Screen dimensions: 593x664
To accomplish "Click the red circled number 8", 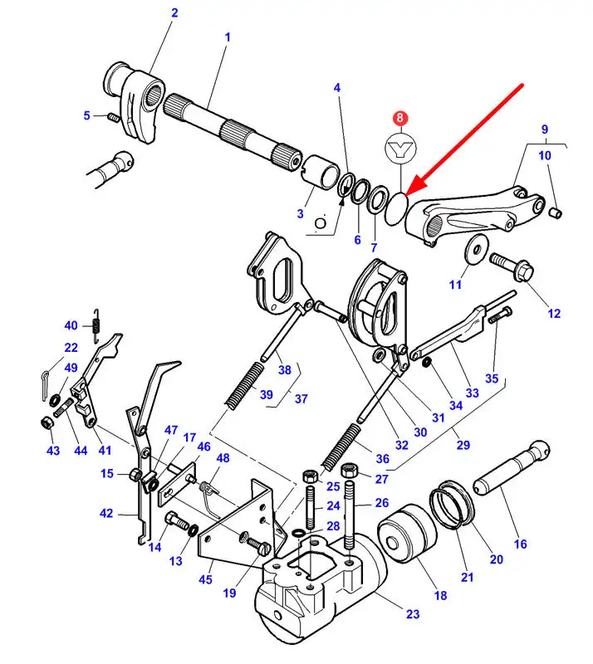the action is pyautogui.click(x=400, y=118).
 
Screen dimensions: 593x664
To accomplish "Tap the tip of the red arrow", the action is pyautogui.click(x=406, y=195).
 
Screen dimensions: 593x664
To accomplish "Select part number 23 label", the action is pyautogui.click(x=413, y=613).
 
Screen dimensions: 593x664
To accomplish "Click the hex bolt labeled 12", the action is pyautogui.click(x=512, y=266).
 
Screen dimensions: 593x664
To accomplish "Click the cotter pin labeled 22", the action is pyautogui.click(x=46, y=384).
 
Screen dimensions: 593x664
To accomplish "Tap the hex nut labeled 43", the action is pyautogui.click(x=47, y=422).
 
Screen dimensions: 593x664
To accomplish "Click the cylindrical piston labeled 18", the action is pyautogui.click(x=406, y=532).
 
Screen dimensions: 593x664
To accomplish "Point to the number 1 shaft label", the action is pyautogui.click(x=228, y=37).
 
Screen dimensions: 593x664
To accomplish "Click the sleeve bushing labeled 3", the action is pyautogui.click(x=321, y=171).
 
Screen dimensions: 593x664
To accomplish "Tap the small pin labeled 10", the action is pyautogui.click(x=556, y=212).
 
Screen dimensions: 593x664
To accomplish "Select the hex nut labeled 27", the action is pyautogui.click(x=350, y=470).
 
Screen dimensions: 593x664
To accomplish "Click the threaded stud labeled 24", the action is pyautogui.click(x=311, y=507).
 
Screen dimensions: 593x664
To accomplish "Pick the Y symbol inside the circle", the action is pyautogui.click(x=400, y=149).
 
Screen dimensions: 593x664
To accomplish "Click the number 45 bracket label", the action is pyautogui.click(x=205, y=579).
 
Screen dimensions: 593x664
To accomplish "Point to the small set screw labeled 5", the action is pyautogui.click(x=112, y=116).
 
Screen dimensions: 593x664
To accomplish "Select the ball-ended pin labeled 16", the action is pyautogui.click(x=511, y=467).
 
